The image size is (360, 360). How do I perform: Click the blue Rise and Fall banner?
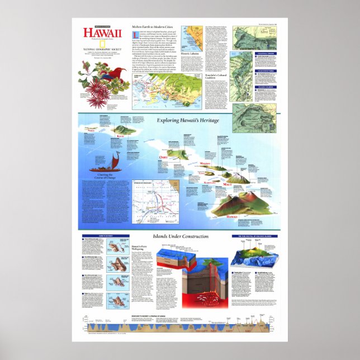point(254,237)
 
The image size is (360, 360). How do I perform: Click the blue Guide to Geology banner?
point(105,236)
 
